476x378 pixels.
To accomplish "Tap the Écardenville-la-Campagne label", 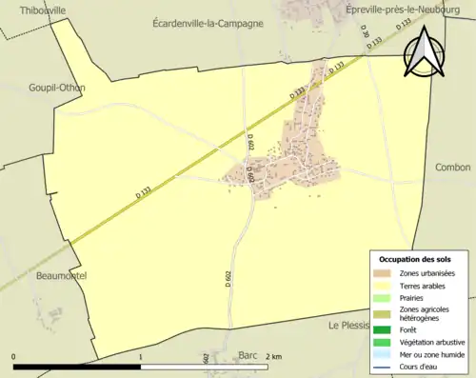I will point(208,23).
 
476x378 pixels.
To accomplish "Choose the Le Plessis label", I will point(348,325).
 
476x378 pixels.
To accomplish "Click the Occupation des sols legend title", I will point(415,259).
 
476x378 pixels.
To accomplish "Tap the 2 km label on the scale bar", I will point(274,357).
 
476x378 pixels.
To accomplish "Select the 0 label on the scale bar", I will point(13,357).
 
